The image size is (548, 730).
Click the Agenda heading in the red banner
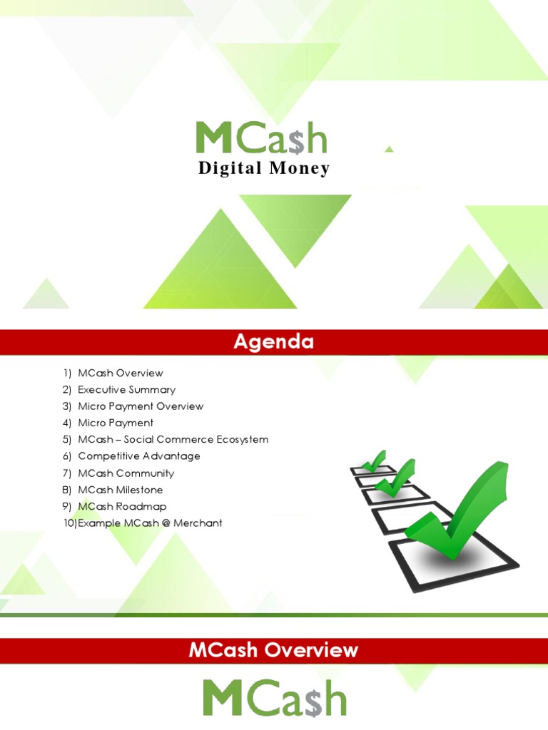click(x=273, y=342)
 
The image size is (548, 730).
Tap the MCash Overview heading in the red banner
click(x=273, y=650)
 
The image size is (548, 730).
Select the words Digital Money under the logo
click(x=263, y=169)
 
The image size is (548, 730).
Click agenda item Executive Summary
click(x=126, y=390)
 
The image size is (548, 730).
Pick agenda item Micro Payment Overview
click(x=141, y=406)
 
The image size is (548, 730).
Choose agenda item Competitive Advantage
click(x=138, y=456)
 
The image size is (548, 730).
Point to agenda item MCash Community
click(x=126, y=473)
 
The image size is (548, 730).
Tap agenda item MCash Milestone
click(x=120, y=490)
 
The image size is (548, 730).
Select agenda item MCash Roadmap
click(x=122, y=506)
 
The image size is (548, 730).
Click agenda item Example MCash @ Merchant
click(x=150, y=523)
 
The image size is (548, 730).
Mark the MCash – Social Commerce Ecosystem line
click(x=173, y=440)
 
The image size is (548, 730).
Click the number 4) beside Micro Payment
click(x=67, y=423)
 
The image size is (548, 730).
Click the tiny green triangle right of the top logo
click(x=389, y=149)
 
